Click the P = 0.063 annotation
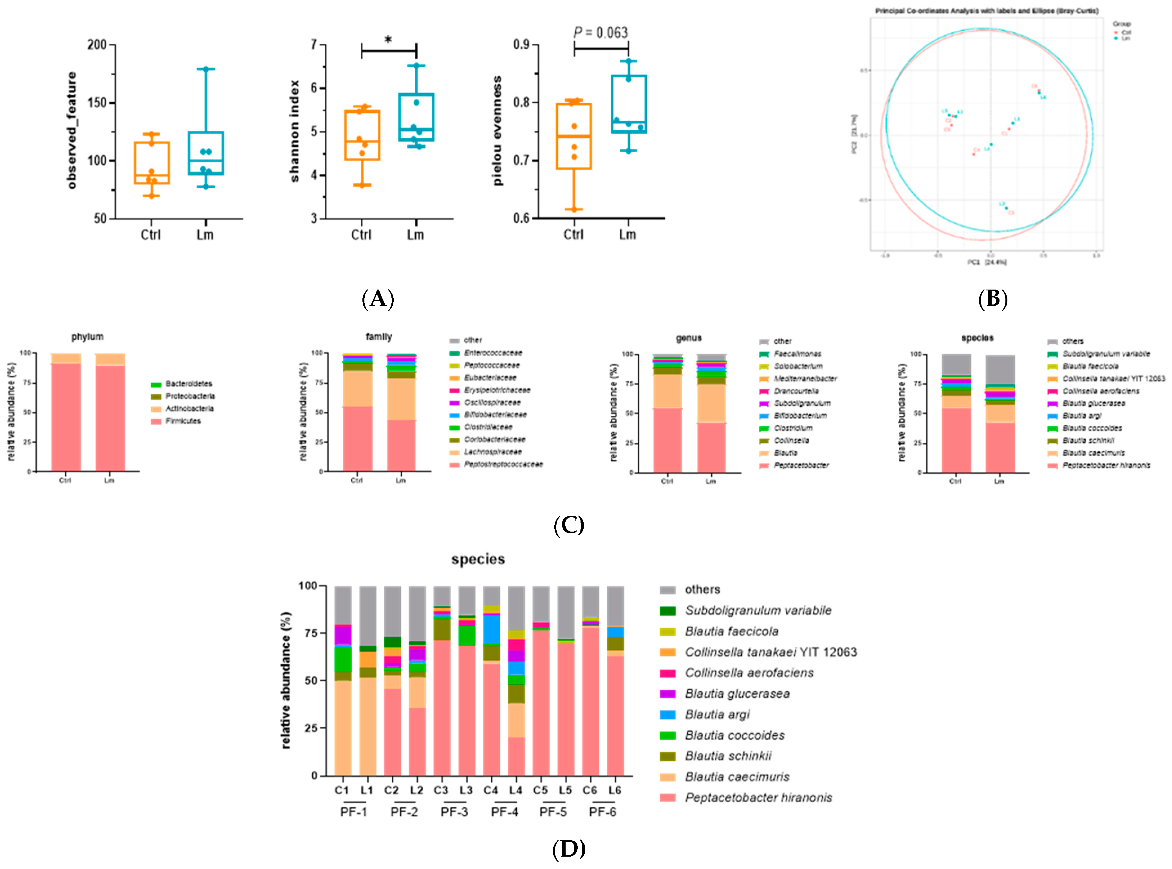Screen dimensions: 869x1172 pos(601,33)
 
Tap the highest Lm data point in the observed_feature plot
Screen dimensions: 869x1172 pos(206,69)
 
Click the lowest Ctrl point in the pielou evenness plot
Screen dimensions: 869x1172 pos(574,209)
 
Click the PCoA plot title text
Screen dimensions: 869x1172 pos(986,10)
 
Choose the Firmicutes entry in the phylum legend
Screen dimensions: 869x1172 pos(183,421)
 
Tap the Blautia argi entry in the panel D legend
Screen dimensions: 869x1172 pos(718,714)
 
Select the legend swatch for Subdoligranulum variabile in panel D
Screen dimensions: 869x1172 pos(667,611)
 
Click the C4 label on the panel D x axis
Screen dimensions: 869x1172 pos(491,790)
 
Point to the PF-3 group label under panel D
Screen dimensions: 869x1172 pos(454,812)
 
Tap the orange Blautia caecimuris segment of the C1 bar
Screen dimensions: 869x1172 pos(342,729)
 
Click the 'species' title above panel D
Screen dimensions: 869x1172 pos(478,559)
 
